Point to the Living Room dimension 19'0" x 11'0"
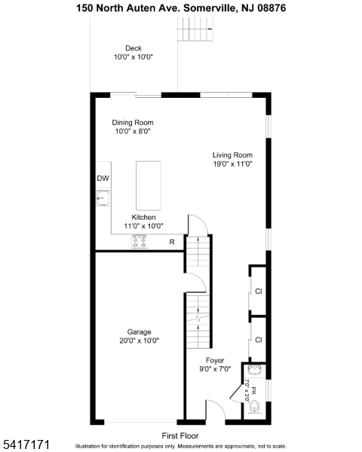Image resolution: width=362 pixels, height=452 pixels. point(232,163)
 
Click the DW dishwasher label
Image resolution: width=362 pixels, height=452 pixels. point(103,179)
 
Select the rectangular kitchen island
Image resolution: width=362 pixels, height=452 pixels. point(149,185)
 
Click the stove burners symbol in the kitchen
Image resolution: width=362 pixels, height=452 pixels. point(140,242)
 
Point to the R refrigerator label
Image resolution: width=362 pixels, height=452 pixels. point(172,242)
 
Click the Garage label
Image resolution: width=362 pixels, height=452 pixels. point(139,331)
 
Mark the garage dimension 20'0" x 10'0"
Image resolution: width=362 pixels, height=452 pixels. point(139,341)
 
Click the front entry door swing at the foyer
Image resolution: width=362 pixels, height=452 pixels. point(214,411)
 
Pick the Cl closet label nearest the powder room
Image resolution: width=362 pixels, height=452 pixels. point(258,340)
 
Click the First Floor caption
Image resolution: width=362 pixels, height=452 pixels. point(181,435)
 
